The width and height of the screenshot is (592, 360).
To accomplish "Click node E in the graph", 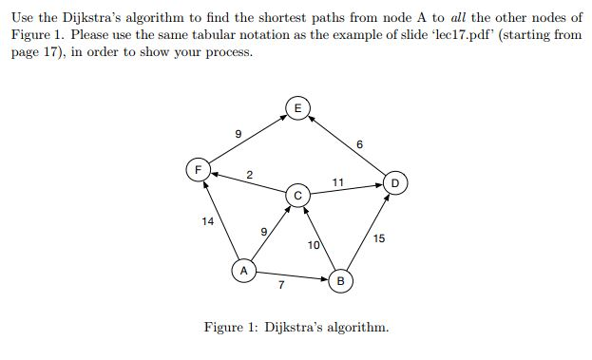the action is pyautogui.click(x=296, y=109).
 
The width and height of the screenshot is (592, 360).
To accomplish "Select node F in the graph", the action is pyautogui.click(x=199, y=172).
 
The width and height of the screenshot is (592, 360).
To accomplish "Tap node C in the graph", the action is pyautogui.click(x=296, y=196).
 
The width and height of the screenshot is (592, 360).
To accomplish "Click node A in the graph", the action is pyautogui.click(x=243, y=271).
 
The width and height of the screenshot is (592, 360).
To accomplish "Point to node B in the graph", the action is pyautogui.click(x=340, y=281).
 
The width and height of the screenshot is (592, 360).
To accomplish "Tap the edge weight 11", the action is pyautogui.click(x=337, y=180).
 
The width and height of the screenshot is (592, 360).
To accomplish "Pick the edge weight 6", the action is pyautogui.click(x=359, y=144).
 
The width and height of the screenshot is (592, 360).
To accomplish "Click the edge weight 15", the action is pyautogui.click(x=379, y=238).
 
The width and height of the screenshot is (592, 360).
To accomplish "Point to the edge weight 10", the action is pyautogui.click(x=314, y=246).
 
